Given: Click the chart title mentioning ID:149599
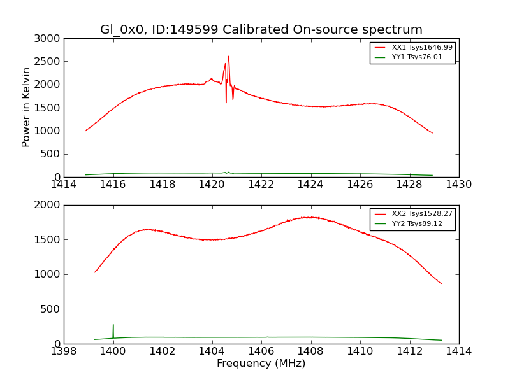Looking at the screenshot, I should point(261,30).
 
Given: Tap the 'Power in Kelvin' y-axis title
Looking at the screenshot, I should point(27,107).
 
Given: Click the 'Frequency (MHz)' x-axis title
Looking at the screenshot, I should point(261,364).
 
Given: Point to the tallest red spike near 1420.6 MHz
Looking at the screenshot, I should point(228,56).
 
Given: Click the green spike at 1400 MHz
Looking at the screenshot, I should point(113,325).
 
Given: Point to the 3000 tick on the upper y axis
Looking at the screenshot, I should point(49,39).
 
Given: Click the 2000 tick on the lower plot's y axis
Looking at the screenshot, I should point(49,205).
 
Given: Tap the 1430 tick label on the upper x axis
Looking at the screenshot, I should point(459,185).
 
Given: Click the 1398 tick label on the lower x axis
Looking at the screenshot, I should point(64,351).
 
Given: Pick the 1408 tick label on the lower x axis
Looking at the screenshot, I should point(310,351).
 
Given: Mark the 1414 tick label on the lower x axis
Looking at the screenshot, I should point(459,351).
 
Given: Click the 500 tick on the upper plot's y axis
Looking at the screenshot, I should point(52,154).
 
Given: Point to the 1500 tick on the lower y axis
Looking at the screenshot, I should point(49,240).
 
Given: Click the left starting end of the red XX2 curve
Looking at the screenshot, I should point(95,272).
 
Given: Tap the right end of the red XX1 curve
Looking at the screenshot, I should point(432,133).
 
